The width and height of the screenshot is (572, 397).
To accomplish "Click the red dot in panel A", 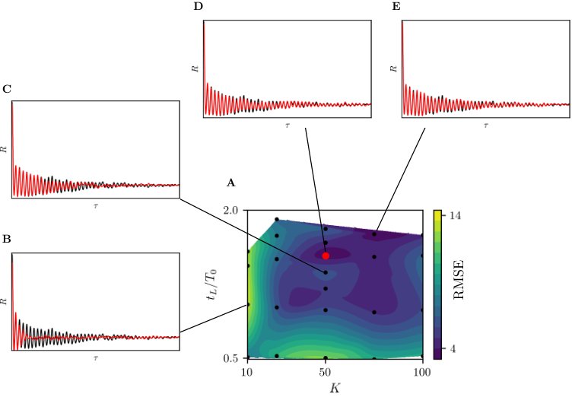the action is (x=326, y=256).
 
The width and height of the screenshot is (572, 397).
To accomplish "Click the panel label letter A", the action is (x=230, y=183).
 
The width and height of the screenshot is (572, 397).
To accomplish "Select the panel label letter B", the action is (x=7, y=239).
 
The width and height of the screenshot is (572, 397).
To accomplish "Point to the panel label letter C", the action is (x=7, y=89).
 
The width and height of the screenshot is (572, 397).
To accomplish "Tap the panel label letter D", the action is (x=198, y=7).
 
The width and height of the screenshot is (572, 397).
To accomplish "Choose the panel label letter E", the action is (x=396, y=7).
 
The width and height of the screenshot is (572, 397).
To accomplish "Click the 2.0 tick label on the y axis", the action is (x=230, y=211).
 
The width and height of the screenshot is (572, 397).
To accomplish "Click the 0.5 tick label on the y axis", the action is (x=230, y=358).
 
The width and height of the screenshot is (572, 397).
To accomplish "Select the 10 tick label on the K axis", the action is (x=247, y=373).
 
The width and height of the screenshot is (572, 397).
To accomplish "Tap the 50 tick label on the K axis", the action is (x=325, y=373).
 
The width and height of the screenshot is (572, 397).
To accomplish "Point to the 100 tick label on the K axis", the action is (x=422, y=373).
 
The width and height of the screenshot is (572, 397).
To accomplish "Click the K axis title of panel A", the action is (x=335, y=388).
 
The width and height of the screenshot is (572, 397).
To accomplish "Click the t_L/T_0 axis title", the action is (x=211, y=284).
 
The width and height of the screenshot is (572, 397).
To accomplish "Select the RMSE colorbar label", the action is (x=459, y=280).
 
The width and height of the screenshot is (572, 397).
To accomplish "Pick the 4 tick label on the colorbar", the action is (x=453, y=349).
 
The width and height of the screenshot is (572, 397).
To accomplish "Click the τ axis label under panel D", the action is (x=288, y=125).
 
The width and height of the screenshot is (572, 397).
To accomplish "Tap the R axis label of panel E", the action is (x=393, y=68).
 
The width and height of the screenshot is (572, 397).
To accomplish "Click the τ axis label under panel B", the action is (x=96, y=358).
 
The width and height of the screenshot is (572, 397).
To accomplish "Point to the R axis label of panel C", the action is (x=4, y=149).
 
